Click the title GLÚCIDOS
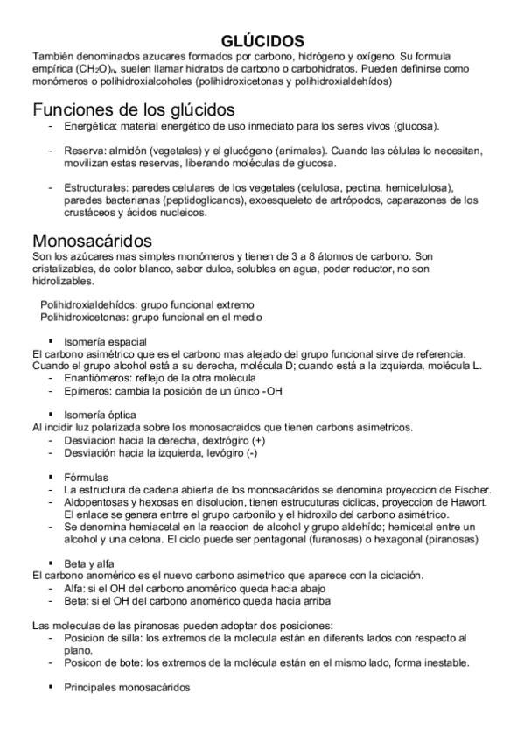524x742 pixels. [x=262, y=41]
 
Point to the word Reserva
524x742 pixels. [x=84, y=150]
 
